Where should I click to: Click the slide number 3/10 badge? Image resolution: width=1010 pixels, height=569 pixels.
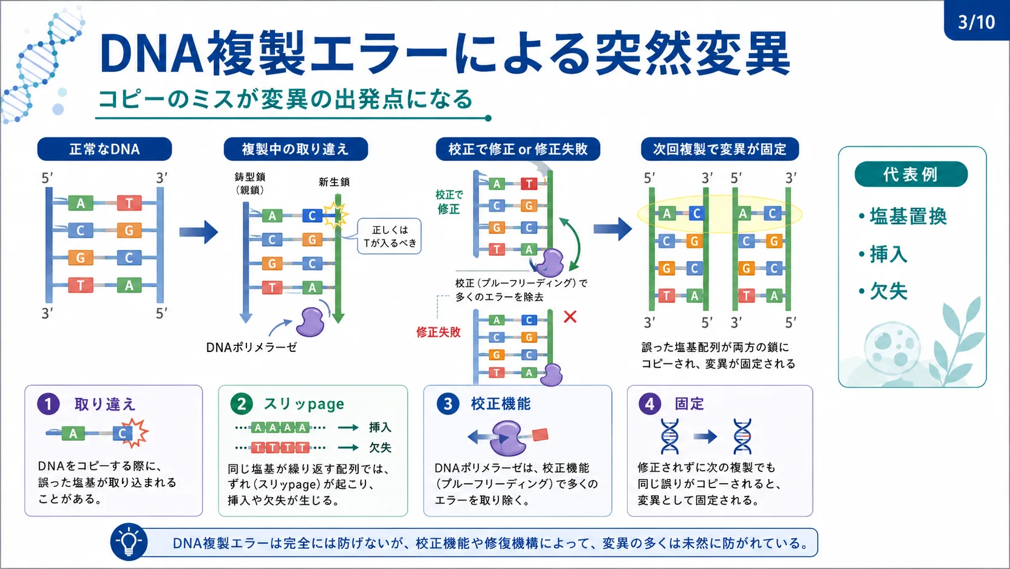(x=977, y=21)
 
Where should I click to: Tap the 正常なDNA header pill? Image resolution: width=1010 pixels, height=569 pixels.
(x=105, y=149)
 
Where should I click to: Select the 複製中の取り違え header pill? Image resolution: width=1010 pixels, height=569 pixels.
(x=296, y=149)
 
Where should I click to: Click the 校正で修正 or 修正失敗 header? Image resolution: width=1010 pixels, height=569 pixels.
(x=518, y=149)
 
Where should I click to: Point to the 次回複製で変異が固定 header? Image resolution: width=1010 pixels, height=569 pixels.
(x=720, y=149)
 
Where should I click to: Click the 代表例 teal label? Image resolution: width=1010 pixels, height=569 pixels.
(x=911, y=174)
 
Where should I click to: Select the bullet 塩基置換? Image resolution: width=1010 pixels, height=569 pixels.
(x=902, y=216)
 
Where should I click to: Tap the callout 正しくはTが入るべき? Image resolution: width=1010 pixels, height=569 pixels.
(x=390, y=236)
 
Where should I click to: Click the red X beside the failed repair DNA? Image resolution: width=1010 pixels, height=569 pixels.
(x=570, y=317)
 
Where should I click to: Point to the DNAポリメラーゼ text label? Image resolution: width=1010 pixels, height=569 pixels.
(x=252, y=347)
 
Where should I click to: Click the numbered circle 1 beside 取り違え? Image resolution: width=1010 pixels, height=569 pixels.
(x=49, y=403)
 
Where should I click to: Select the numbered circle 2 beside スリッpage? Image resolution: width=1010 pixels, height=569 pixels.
(x=242, y=403)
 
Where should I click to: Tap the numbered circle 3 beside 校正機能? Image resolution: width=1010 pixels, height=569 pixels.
(x=448, y=403)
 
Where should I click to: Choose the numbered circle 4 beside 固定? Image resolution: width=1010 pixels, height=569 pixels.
(x=650, y=403)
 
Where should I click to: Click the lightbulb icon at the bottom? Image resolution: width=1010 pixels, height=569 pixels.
(x=129, y=542)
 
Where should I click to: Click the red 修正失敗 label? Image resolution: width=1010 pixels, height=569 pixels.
(x=439, y=332)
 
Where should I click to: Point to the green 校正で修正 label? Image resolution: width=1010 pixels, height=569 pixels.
(x=449, y=202)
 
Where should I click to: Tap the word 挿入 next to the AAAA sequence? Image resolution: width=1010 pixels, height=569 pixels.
(x=379, y=427)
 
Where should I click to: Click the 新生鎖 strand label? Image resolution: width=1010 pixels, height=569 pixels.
(x=334, y=182)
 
